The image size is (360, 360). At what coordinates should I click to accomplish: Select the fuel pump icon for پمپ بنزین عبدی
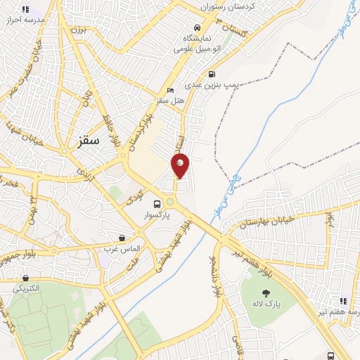click(x=212, y=74)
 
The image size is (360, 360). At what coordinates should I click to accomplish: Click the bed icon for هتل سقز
click(x=170, y=91)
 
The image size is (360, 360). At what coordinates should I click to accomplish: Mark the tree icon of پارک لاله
click(x=266, y=292)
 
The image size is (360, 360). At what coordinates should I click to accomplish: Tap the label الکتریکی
click(x=27, y=288)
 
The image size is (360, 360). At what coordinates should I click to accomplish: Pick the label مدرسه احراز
click(x=25, y=20)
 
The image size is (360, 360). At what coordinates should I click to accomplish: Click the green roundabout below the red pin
click(x=169, y=202)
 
